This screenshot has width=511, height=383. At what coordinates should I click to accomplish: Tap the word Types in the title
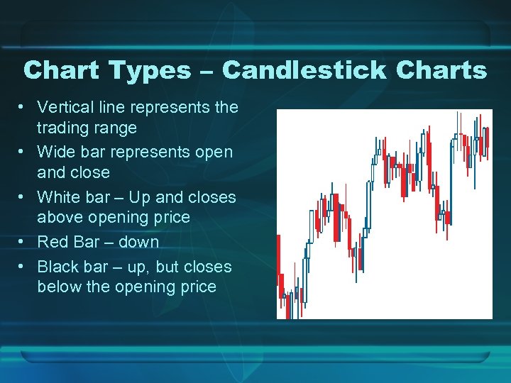[x=150, y=70]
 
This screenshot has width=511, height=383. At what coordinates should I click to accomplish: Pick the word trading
[x=67, y=128]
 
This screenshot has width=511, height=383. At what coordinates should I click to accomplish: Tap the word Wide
[x=54, y=151]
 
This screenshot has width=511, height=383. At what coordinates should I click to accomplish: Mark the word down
[x=138, y=242]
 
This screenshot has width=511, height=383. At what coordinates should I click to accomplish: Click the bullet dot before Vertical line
[x=23, y=107]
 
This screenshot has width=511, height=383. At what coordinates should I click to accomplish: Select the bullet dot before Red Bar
[x=23, y=242]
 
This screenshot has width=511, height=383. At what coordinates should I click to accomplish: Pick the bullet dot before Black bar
[x=23, y=267]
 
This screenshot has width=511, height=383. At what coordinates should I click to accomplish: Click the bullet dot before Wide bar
[x=23, y=151]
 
